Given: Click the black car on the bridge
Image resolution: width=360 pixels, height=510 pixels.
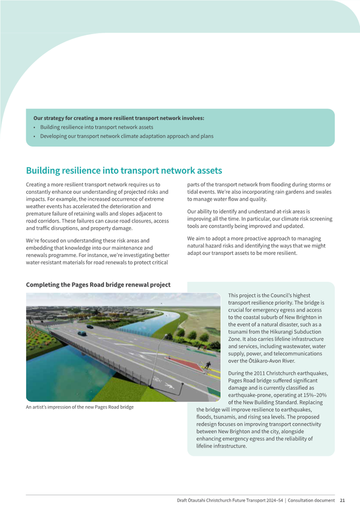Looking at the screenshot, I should [x=90, y=326].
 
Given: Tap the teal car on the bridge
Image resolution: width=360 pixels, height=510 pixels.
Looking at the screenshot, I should [x=82, y=333].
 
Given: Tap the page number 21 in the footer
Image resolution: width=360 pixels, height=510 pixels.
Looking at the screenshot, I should [x=342, y=500].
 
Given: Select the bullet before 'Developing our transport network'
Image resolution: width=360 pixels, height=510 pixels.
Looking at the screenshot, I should [x=35, y=136].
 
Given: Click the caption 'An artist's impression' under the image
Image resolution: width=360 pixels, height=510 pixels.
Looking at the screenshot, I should [x=49, y=407].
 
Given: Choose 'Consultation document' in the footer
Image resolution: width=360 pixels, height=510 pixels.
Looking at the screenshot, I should [x=311, y=500].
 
